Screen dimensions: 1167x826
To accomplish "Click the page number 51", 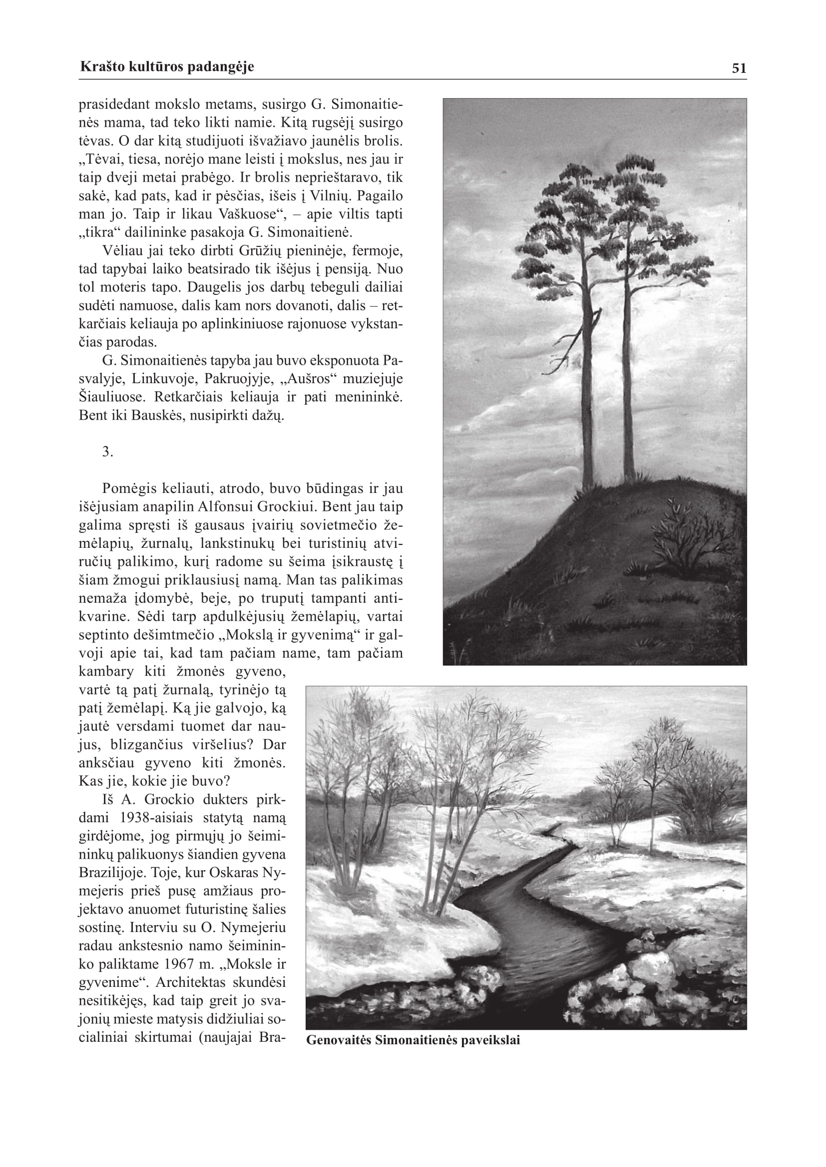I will click(739, 69).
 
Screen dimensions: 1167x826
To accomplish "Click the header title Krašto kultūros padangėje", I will click(167, 66).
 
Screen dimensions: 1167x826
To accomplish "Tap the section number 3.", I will click(107, 452).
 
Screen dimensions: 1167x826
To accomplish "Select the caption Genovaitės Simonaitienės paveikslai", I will click(413, 1040).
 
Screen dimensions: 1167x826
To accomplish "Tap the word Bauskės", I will click(156, 416).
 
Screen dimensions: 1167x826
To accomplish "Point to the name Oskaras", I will click(228, 873).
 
